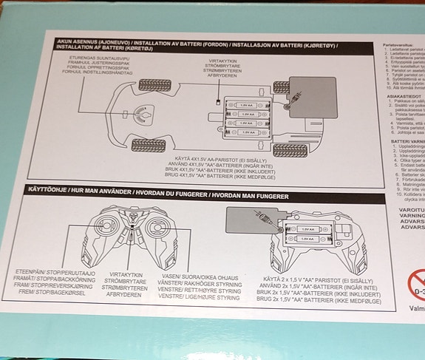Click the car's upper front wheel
pyautogui.click(x=152, y=84)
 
